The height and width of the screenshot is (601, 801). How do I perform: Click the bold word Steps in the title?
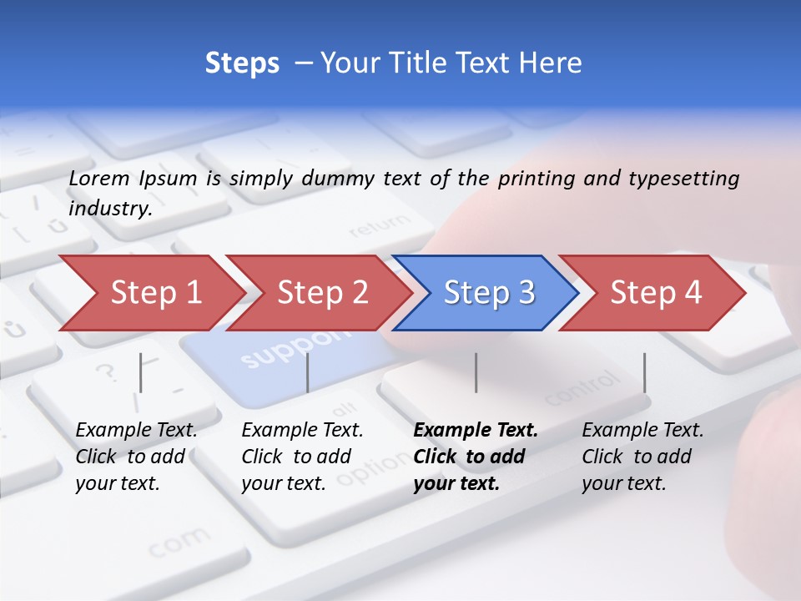pos(242,63)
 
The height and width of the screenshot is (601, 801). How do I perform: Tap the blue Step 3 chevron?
pos(486,292)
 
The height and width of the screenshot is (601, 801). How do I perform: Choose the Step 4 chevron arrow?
pos(653,292)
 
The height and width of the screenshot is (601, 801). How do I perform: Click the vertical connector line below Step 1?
pos(140,372)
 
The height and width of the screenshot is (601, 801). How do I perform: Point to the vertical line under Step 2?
pos(308,372)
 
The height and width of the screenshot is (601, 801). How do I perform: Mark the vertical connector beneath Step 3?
pos(476,372)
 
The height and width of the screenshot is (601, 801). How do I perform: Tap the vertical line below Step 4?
pos(644,372)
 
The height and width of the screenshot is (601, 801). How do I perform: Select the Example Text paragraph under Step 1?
pos(136,457)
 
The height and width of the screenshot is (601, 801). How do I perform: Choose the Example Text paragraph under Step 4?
pos(642,457)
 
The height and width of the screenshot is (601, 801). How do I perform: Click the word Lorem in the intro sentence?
pos(99,178)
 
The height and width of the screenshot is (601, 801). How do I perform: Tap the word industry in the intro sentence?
pos(109,208)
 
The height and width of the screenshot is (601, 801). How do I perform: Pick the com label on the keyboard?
pos(180,543)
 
